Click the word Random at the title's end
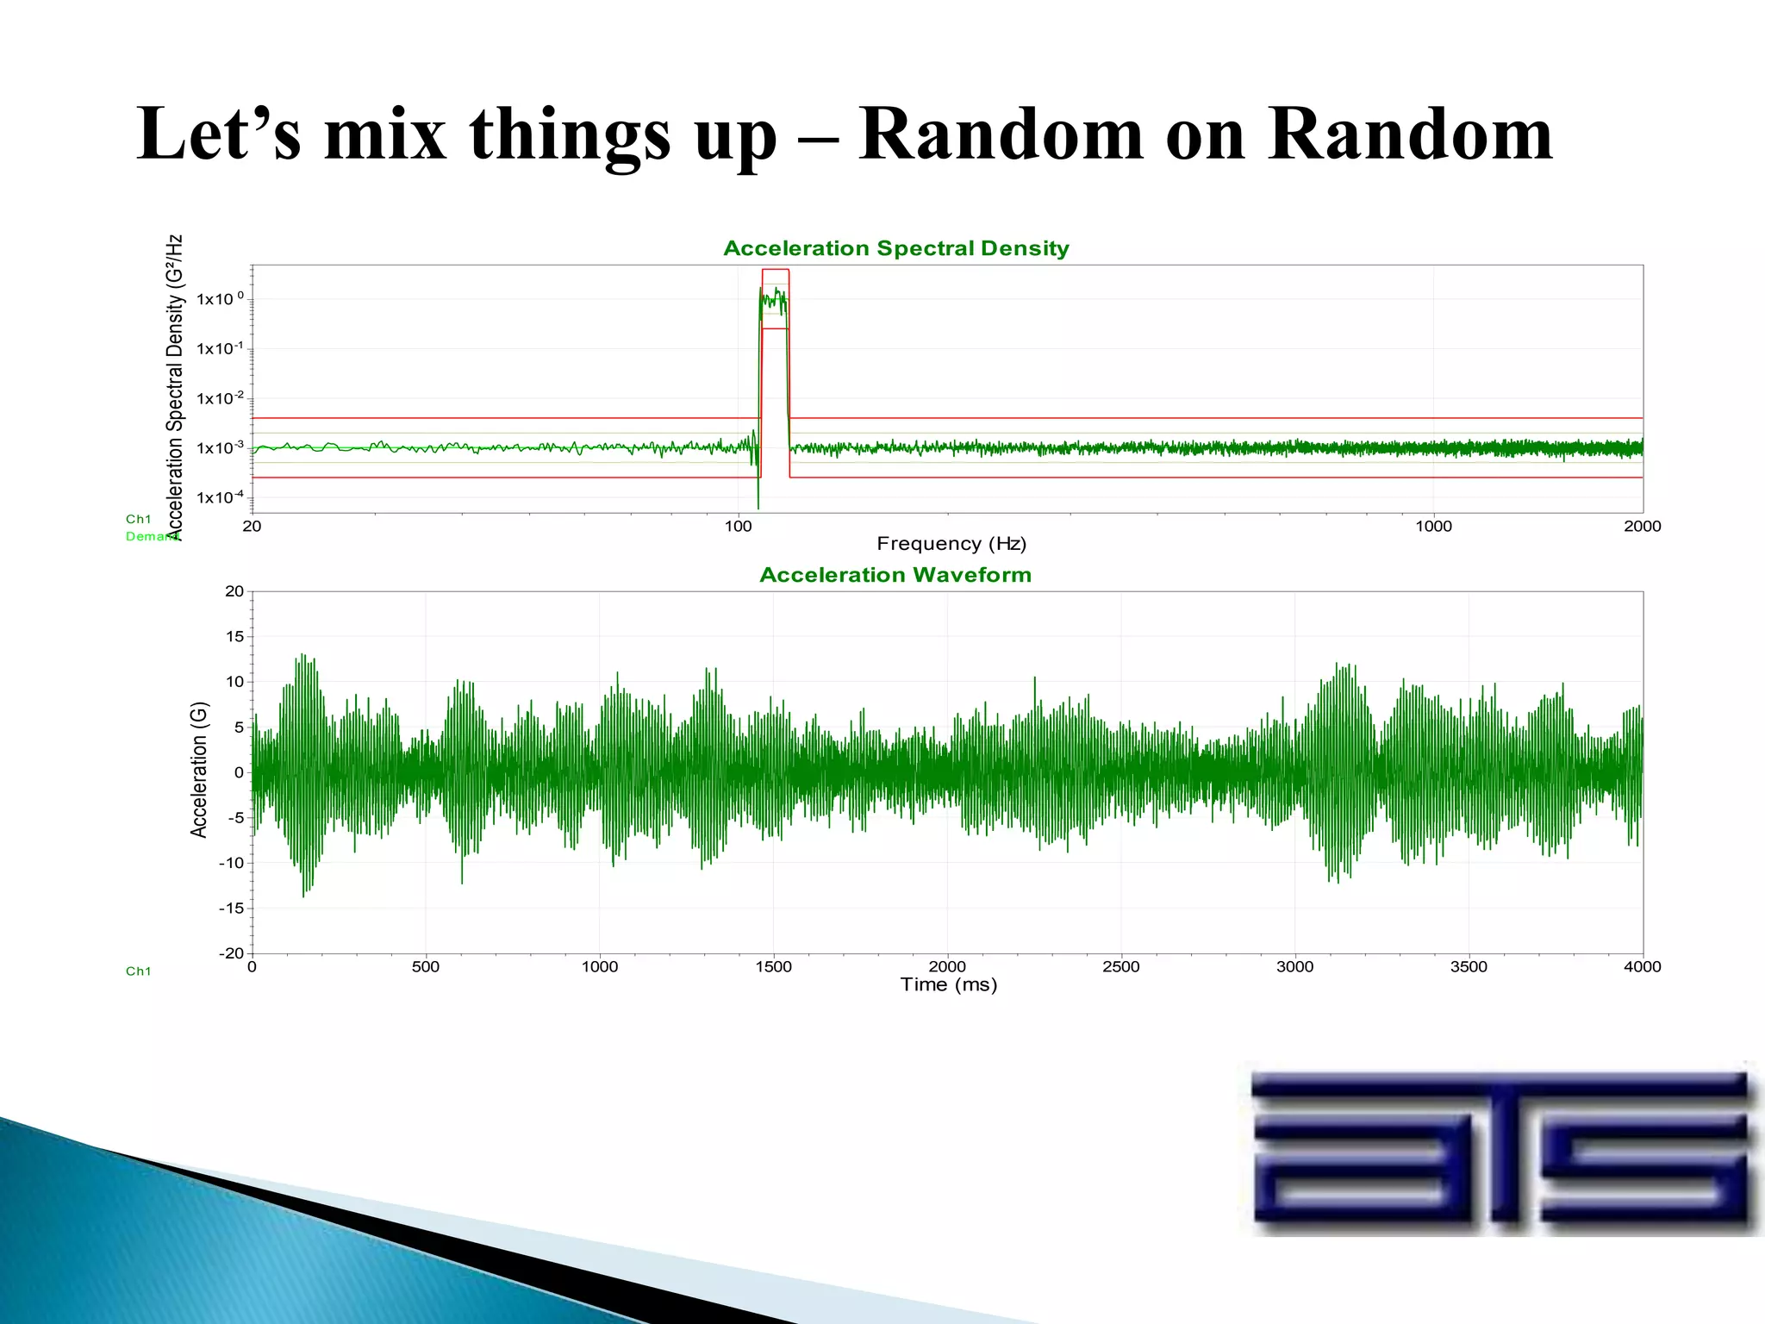pyautogui.click(x=1410, y=135)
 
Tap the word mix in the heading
pyautogui.click(x=385, y=135)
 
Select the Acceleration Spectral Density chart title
pyautogui.click(x=895, y=248)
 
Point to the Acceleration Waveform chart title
pyautogui.click(x=895, y=575)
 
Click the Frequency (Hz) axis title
pyautogui.click(x=951, y=544)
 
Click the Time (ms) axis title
pyautogui.click(x=948, y=985)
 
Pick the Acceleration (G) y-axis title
pyautogui.click(x=199, y=770)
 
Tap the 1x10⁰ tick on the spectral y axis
pyautogui.click(x=220, y=299)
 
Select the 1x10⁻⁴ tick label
pyautogui.click(x=220, y=497)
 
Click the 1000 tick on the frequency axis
pyautogui.click(x=1433, y=527)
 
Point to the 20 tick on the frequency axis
pyautogui.click(x=252, y=527)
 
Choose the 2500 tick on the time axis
pyautogui.click(x=1120, y=967)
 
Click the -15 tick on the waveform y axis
pyautogui.click(x=231, y=908)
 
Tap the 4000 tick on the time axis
pyautogui.click(x=1642, y=967)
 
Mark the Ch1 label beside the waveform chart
pyautogui.click(x=138, y=971)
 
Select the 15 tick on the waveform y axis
pyautogui.click(x=234, y=636)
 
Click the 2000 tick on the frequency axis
pyautogui.click(x=1642, y=527)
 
